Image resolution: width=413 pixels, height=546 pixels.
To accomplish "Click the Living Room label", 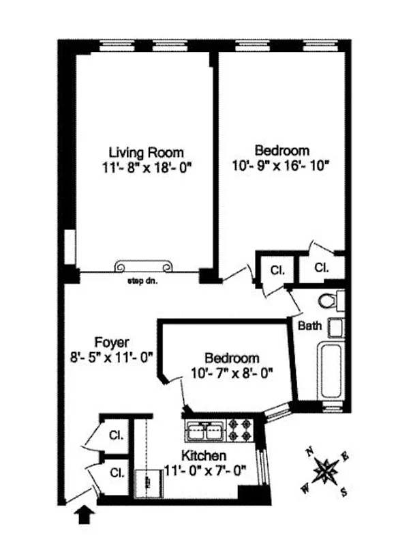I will tap(146, 152).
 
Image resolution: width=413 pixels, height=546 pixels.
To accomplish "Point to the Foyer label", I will tap(112, 342).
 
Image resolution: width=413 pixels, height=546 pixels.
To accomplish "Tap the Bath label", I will tap(310, 326).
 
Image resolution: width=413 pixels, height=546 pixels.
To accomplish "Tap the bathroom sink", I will tap(335, 327).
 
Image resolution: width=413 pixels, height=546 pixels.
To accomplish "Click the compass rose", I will tap(326, 471).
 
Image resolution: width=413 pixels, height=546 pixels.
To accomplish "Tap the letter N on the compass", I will tap(309, 451).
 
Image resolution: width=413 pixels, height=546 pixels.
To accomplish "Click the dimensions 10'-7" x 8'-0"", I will tap(232, 373).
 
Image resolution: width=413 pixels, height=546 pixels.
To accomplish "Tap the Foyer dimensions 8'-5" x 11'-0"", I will tap(112, 356).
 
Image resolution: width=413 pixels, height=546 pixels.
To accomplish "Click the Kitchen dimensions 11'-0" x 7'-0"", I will tap(204, 470).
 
